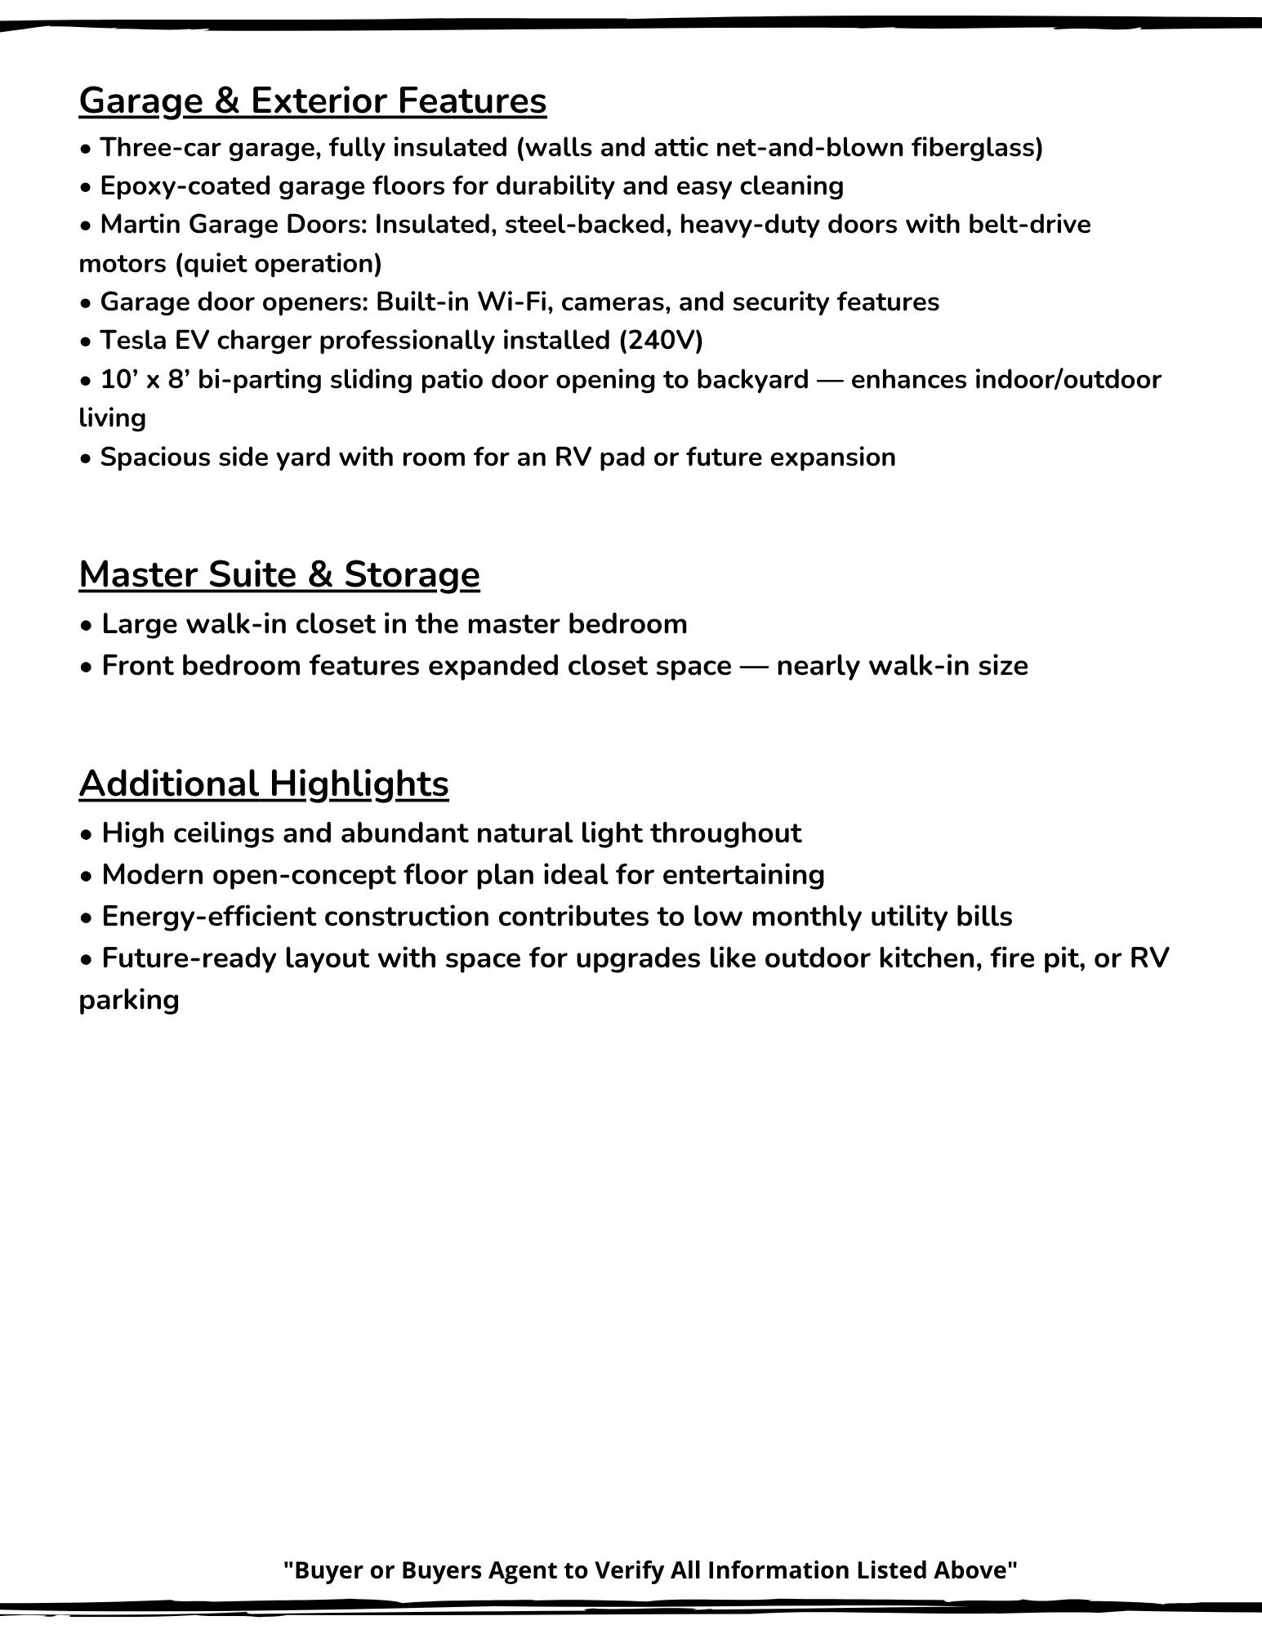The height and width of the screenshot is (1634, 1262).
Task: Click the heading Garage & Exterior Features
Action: point(313,101)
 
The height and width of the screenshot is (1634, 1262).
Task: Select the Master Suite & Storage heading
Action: point(279,574)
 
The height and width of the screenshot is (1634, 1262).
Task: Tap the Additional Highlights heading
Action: point(264,784)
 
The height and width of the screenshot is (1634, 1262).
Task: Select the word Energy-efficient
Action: point(208,917)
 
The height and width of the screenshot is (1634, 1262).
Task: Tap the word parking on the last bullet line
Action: point(129,1000)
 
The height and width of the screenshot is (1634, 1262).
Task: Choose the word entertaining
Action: point(743,875)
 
